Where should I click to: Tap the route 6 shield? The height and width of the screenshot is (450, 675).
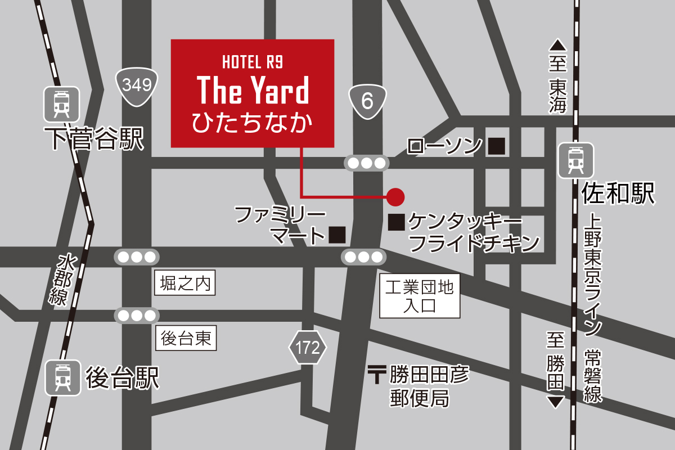point(367,102)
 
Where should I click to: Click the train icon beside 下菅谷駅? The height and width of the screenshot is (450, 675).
point(61,105)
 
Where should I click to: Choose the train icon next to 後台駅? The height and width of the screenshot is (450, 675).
point(62,377)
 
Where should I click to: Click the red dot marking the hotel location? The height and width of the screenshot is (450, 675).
point(395,196)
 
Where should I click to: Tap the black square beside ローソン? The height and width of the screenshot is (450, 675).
point(496,146)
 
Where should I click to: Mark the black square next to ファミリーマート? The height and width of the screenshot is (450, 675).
point(337,235)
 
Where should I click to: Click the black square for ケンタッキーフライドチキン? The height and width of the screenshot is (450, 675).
point(397,222)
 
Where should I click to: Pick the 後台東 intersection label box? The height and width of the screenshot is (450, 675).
point(186,339)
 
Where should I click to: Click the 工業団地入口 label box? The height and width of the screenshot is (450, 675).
point(420,296)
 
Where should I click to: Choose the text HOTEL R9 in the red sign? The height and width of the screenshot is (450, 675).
point(253,61)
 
